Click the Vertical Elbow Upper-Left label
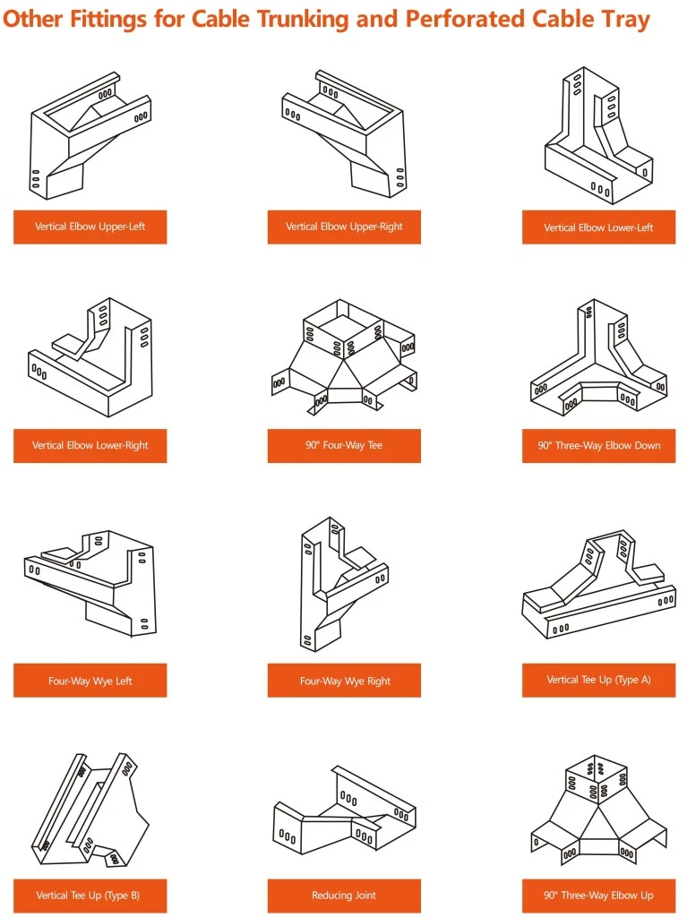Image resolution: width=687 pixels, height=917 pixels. [90, 227]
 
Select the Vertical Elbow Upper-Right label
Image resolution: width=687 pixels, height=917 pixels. [344, 227]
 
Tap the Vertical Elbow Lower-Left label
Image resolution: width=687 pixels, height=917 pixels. [598, 227]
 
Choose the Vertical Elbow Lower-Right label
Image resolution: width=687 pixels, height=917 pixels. [90, 446]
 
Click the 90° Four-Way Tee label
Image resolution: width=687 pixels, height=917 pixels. [344, 446]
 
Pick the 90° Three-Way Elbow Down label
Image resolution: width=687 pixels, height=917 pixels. [598, 446]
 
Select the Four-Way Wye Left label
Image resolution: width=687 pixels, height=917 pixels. [90, 681]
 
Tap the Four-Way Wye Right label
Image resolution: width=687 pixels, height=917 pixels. [345, 681]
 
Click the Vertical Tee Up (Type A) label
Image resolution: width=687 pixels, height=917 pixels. [598, 680]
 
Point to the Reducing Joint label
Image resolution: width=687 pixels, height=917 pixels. [344, 896]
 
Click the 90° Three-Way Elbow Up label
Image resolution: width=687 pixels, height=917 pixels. [598, 896]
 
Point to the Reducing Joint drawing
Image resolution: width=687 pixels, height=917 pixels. [345, 812]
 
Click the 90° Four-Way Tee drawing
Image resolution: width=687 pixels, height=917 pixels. [344, 357]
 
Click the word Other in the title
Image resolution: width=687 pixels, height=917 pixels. [33, 20]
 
